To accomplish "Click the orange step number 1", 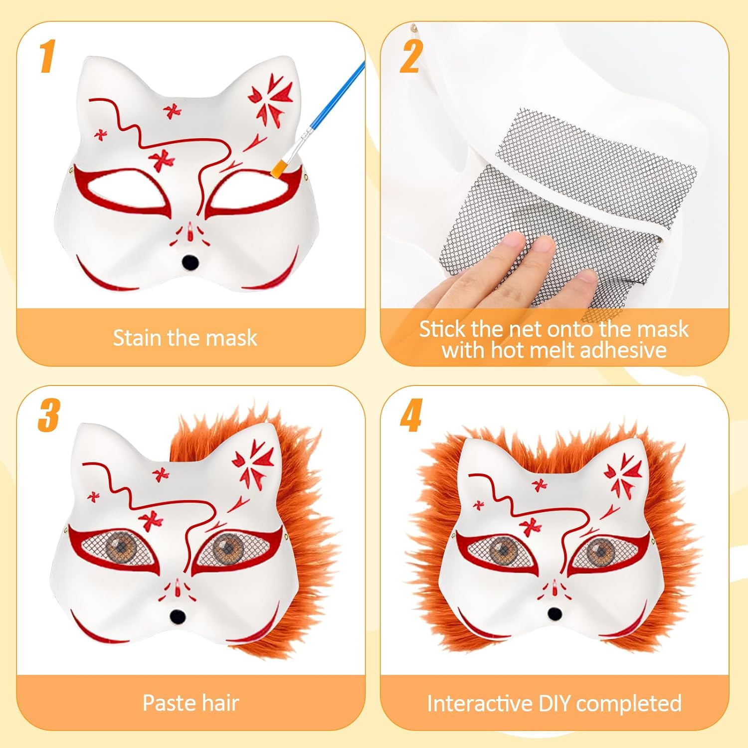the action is pyautogui.click(x=47, y=56).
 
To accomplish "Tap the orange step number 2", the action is pyautogui.click(x=411, y=56).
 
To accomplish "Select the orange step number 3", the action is pyautogui.click(x=49, y=415).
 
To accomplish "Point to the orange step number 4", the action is pyautogui.click(x=411, y=415).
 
